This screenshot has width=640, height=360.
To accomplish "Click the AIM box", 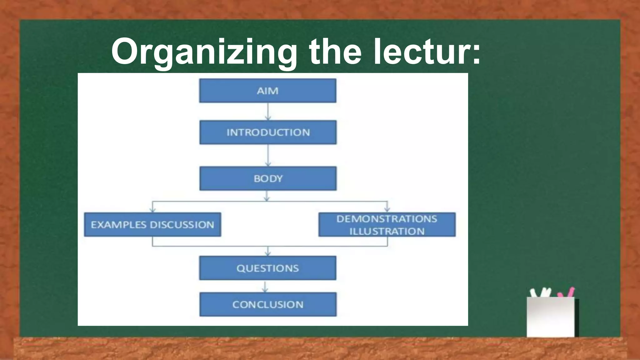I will [268, 91].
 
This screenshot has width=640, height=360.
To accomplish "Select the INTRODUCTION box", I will [268, 132].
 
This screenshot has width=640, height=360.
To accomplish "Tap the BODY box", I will [268, 178].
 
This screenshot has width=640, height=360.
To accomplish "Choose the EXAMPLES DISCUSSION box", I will [152, 224].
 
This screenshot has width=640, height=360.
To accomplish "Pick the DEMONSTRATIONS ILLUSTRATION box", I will [387, 224].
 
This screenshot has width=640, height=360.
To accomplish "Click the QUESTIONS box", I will [268, 268].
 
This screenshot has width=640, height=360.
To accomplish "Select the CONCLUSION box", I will [268, 304].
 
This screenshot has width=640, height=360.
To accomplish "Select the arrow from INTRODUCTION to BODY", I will [268, 155].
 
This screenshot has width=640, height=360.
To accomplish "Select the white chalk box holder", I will [551, 317].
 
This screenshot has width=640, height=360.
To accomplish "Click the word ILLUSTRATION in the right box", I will [387, 231].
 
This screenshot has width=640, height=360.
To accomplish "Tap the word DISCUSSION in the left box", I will [182, 225].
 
